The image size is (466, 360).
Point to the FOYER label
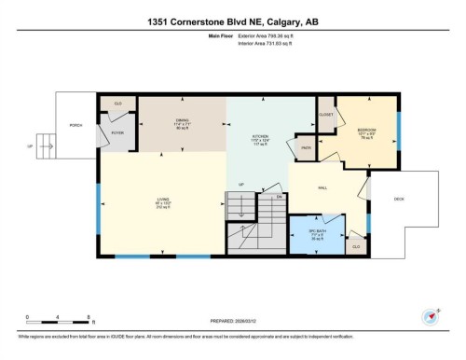(117, 133)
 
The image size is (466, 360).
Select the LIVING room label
(162, 201)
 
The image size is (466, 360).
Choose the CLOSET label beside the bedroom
(326, 116)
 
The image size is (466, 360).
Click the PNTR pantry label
(306, 147)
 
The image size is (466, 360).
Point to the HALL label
(322, 188)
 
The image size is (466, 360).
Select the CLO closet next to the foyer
(118, 103)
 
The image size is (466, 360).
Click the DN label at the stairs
(278, 197)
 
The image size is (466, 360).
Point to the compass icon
(432, 314)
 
